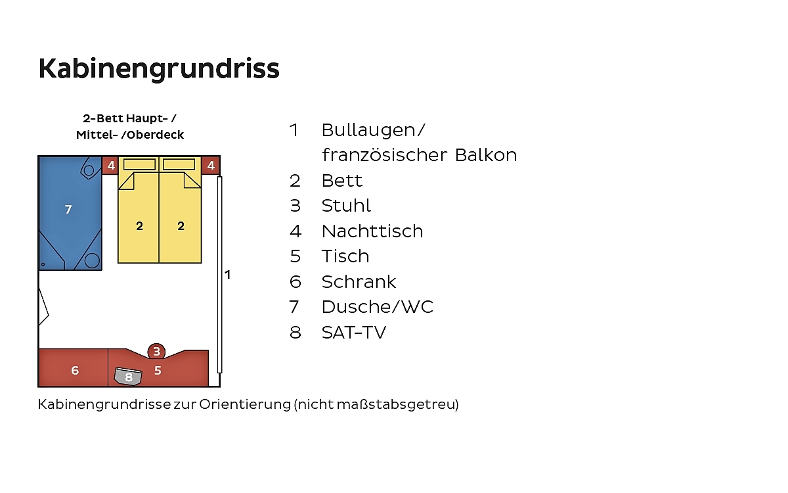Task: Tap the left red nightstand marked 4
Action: click(x=110, y=165)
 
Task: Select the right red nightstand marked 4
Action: click(x=211, y=165)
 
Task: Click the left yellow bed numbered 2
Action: click(x=139, y=210)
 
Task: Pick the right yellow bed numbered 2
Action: click(x=180, y=210)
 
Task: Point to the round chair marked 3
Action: click(x=156, y=351)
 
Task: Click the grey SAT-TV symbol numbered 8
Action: click(x=128, y=377)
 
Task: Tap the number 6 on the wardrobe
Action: click(x=75, y=371)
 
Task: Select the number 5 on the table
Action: click(x=158, y=371)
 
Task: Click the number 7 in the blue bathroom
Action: click(x=68, y=210)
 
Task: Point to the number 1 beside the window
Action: click(x=228, y=275)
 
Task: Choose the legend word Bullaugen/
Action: click(x=374, y=130)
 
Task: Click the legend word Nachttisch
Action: click(x=372, y=231)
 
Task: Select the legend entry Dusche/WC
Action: click(x=378, y=307)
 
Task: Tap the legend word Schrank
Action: click(x=359, y=282)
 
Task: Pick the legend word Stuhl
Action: click(x=346, y=206)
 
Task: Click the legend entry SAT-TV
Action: click(x=354, y=333)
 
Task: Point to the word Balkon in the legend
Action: click(x=486, y=155)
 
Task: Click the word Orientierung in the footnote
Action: click(x=245, y=404)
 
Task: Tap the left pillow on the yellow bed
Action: click(x=139, y=164)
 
